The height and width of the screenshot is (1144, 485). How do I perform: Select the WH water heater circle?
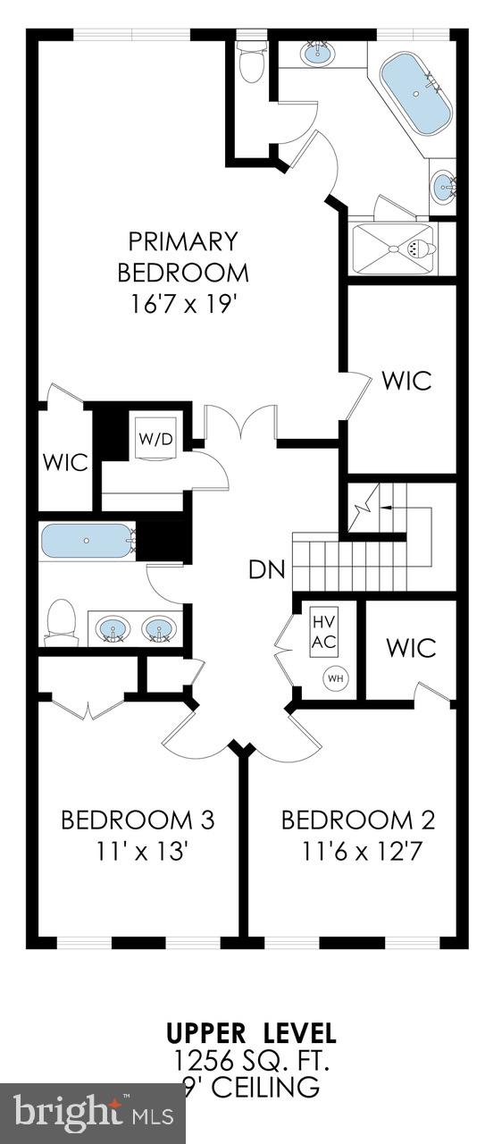tap(335, 678)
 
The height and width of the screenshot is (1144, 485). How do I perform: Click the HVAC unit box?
tap(323, 632)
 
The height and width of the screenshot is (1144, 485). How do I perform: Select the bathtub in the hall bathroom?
tap(87, 542)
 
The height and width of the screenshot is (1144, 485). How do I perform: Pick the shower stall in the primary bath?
tap(394, 248)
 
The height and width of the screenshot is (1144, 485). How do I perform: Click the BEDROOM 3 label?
tap(137, 820)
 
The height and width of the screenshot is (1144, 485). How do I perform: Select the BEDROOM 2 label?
tap(358, 820)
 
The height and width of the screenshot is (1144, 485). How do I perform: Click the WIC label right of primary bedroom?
tap(406, 380)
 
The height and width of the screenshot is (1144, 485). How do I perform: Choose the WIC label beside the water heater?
tap(411, 646)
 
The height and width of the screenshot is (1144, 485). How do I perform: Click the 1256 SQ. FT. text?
tap(251, 1061)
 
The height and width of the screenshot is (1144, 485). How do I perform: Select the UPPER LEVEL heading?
tap(251, 1034)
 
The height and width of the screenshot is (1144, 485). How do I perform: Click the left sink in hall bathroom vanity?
tap(113, 628)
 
